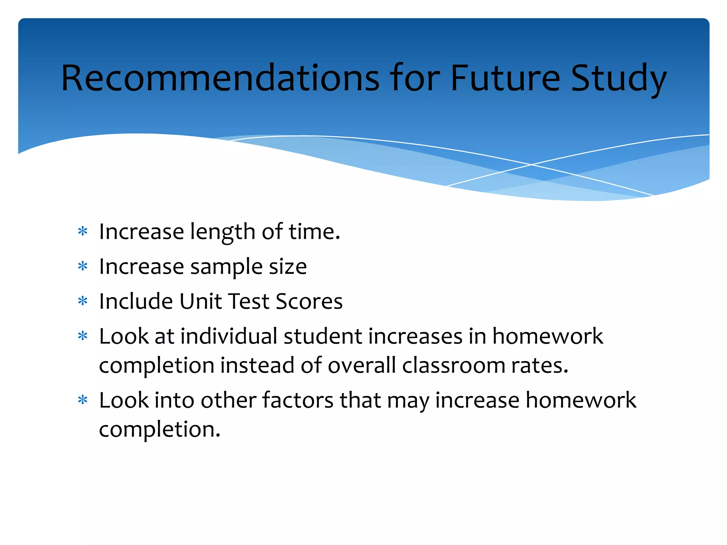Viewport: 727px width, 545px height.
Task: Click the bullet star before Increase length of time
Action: [83, 232]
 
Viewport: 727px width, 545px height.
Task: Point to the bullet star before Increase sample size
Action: [83, 266]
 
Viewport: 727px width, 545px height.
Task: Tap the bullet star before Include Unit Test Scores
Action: [83, 301]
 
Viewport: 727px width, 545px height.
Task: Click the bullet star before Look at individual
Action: [83, 336]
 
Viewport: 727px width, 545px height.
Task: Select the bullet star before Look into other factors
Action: [83, 400]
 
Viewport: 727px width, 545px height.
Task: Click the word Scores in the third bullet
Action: [309, 301]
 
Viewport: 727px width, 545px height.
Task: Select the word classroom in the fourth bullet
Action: [453, 365]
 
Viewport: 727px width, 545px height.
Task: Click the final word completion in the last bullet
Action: [159, 430]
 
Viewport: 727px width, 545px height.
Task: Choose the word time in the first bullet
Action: [314, 232]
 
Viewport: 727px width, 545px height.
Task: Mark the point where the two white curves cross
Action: [531, 165]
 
